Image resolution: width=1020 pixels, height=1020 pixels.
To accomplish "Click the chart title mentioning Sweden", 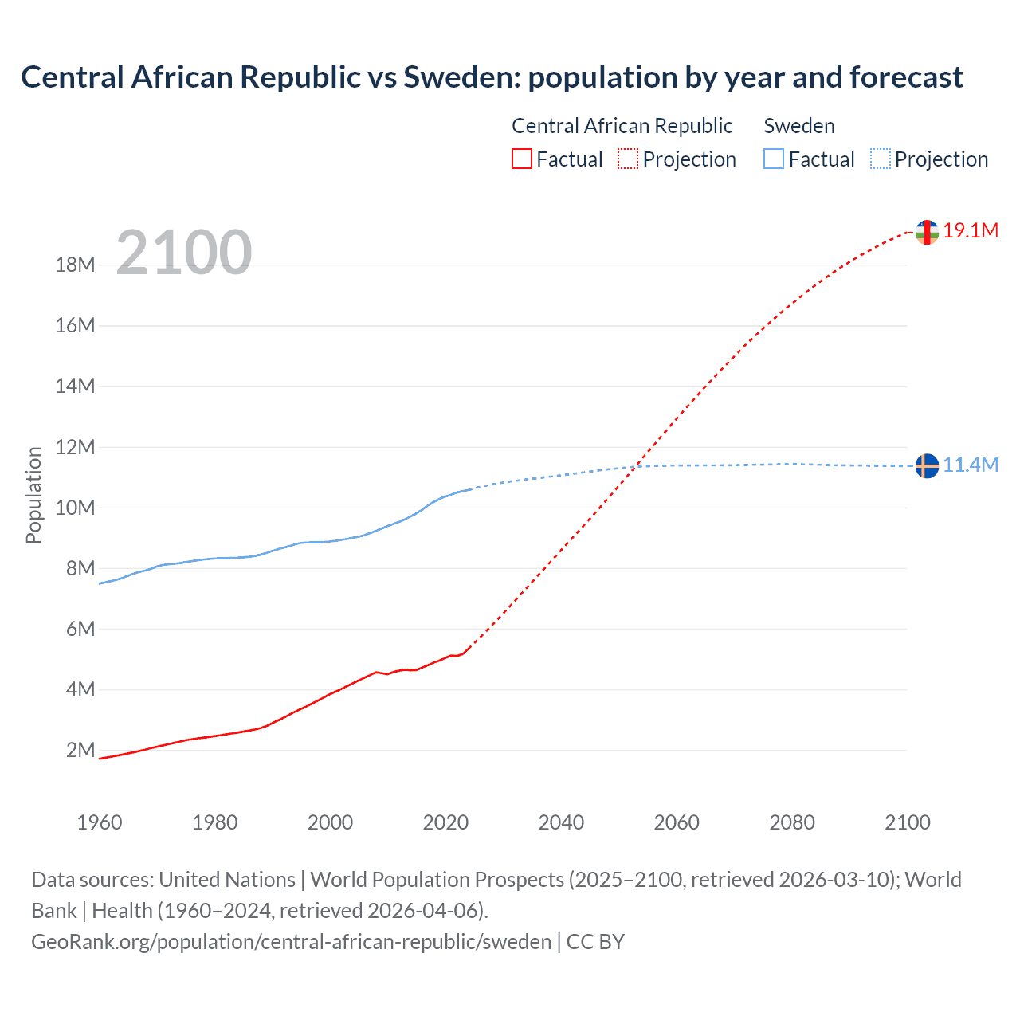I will (x=492, y=77).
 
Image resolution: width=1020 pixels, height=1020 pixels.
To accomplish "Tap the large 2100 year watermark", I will (x=184, y=253).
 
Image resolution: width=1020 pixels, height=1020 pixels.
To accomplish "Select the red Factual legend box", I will (x=522, y=159).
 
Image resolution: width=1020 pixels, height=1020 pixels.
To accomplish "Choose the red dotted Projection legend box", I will (x=628, y=159).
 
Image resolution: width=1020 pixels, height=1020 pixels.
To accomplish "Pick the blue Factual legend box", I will (x=774, y=159).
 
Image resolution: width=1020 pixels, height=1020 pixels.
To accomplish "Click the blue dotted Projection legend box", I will (x=881, y=159).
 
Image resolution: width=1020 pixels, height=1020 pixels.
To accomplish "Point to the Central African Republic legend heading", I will (x=622, y=126).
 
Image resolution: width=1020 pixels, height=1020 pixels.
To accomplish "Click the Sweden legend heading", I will (x=799, y=126).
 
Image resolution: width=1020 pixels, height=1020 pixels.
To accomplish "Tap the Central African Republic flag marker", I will (x=927, y=232).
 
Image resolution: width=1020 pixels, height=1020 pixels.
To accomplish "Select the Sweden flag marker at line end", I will (x=927, y=465).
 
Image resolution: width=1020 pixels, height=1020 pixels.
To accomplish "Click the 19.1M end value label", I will (x=971, y=231).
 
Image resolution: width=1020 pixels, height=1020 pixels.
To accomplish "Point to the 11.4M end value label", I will (x=971, y=465).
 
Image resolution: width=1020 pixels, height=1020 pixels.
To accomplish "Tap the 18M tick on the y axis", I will (x=75, y=265).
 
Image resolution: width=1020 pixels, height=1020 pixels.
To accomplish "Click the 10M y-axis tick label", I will (x=75, y=508).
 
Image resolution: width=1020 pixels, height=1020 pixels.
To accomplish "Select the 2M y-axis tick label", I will (x=80, y=750).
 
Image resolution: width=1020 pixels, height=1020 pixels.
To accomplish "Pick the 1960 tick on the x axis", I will (x=100, y=822).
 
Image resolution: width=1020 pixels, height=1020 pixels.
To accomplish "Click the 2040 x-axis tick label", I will (x=561, y=822).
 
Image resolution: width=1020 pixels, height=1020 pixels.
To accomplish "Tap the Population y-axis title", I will (x=33, y=495).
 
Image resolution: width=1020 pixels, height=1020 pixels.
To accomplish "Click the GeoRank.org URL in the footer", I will (x=291, y=942).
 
